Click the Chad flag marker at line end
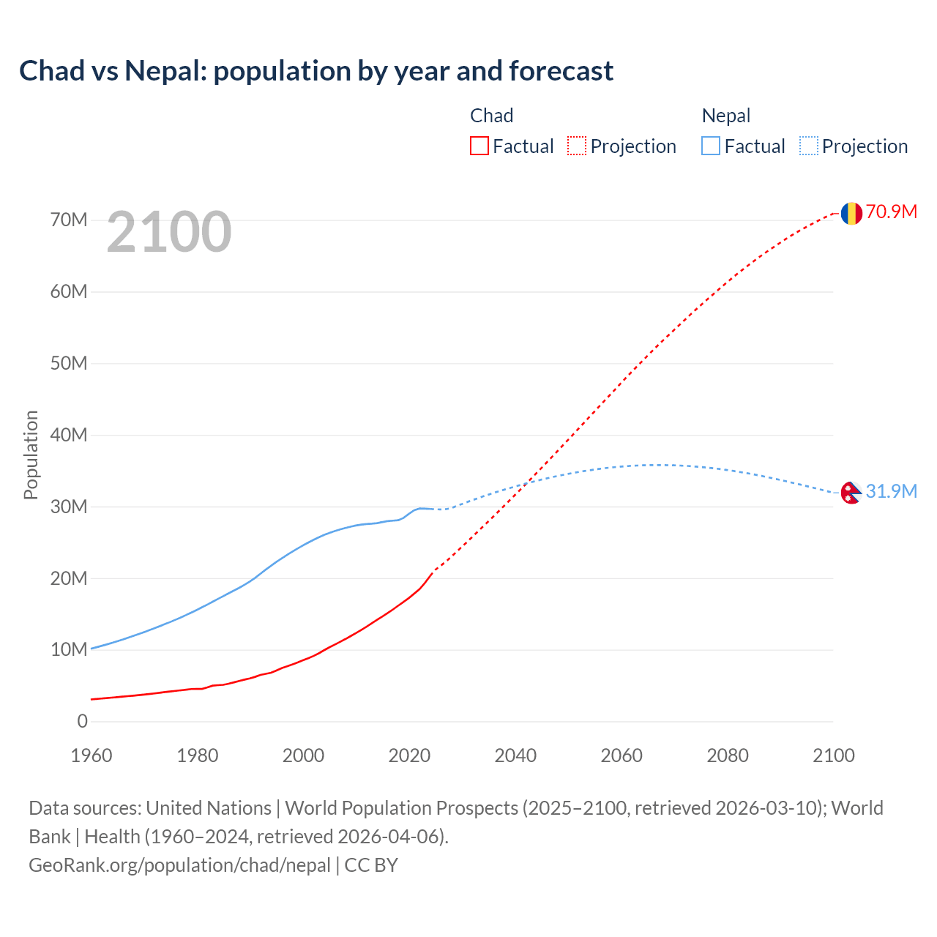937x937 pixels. click(851, 213)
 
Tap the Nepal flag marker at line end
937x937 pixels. click(850, 493)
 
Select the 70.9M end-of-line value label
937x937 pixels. click(891, 212)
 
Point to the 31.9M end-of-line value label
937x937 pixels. click(891, 491)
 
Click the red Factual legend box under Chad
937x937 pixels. click(479, 146)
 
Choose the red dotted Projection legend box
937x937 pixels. click(577, 146)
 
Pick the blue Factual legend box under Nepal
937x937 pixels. click(710, 146)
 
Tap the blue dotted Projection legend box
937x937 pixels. click(808, 146)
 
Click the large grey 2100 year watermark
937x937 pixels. click(169, 232)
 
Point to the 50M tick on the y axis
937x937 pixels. click(69, 364)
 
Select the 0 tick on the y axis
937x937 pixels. click(82, 722)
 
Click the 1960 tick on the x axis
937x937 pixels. click(92, 755)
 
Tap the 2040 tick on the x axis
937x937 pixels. click(515, 755)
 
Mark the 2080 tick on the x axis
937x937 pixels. click(728, 755)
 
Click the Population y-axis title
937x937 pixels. click(31, 455)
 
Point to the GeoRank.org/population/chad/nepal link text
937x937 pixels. click(179, 865)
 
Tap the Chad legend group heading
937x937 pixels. click(491, 116)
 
